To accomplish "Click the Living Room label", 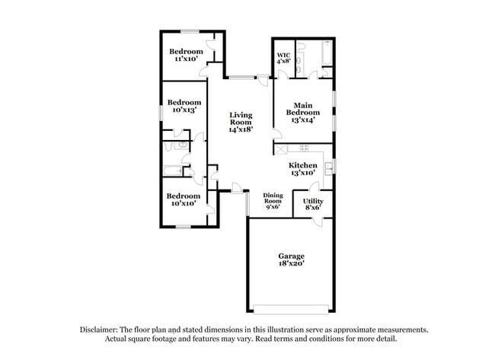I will (x=241, y=118).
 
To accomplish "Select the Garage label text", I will (x=290, y=256).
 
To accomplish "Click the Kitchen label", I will (x=302, y=165).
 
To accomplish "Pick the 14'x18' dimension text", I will (x=241, y=129).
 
